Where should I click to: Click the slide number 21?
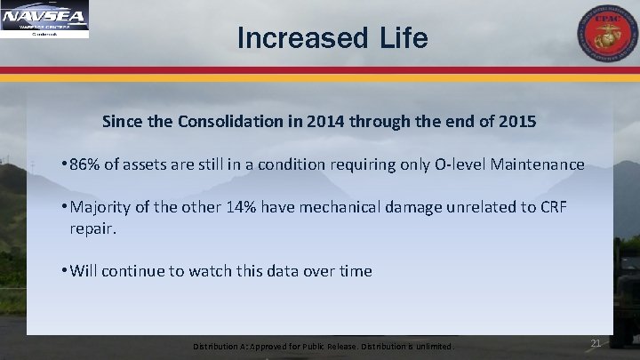pyautogui.click(x=596, y=343)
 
